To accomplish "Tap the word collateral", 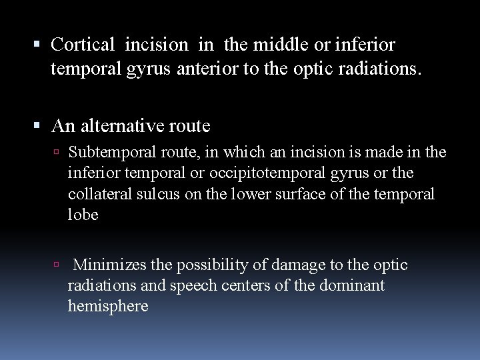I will click(95, 194).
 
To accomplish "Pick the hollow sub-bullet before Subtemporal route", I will click(58, 152).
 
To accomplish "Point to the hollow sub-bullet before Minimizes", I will click(58, 265).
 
